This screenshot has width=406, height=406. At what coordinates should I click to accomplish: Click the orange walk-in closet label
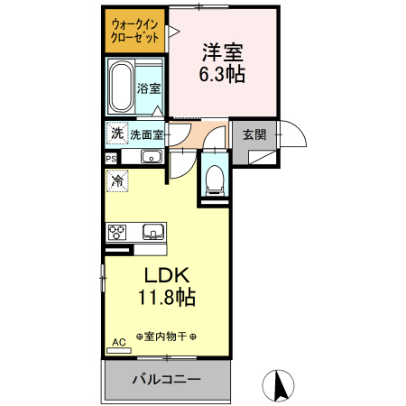point(134,32)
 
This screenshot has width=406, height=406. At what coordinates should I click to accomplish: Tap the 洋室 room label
point(221,52)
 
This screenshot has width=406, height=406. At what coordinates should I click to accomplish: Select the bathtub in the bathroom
point(120,87)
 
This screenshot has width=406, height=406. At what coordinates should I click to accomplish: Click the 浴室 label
point(149,88)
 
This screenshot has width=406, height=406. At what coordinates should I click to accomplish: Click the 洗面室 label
point(147,135)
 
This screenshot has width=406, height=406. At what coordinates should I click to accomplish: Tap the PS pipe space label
point(111,157)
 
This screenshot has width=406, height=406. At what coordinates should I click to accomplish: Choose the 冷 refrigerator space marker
point(117,180)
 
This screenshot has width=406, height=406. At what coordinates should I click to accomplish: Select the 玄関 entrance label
point(254,135)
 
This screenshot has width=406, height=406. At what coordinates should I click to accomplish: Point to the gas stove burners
point(120,231)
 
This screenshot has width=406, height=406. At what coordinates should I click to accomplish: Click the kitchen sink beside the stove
point(152,232)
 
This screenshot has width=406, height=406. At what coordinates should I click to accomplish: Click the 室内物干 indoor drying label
point(166,335)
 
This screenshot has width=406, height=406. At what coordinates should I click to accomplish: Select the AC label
point(117,342)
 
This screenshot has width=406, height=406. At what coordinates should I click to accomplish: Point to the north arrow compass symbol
point(280,385)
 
